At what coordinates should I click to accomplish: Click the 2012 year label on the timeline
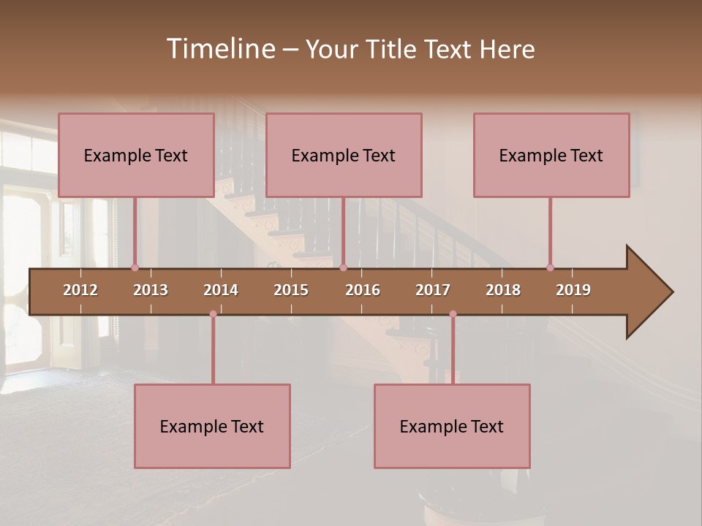[x=80, y=290]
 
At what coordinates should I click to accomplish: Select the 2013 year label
[x=151, y=290]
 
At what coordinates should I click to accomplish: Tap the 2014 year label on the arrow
[x=221, y=290]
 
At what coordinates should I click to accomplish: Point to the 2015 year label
[x=291, y=290]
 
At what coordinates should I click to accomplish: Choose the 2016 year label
[x=363, y=290]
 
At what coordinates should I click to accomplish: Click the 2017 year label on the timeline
[x=433, y=290]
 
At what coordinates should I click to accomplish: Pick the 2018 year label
[x=503, y=290]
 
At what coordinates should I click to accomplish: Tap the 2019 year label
[x=573, y=290]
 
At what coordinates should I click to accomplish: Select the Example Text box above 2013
[x=136, y=156]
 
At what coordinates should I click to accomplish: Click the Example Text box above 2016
[x=344, y=156]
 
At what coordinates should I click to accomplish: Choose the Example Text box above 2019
[x=551, y=156]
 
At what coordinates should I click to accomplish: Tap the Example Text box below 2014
[x=212, y=426]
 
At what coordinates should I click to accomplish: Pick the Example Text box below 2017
[x=452, y=426]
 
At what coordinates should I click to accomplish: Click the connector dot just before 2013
[x=135, y=267]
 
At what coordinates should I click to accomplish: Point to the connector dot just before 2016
[x=344, y=267]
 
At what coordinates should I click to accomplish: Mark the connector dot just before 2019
[x=551, y=267]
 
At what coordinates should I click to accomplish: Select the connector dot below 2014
[x=213, y=314]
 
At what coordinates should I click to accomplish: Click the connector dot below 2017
[x=453, y=314]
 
